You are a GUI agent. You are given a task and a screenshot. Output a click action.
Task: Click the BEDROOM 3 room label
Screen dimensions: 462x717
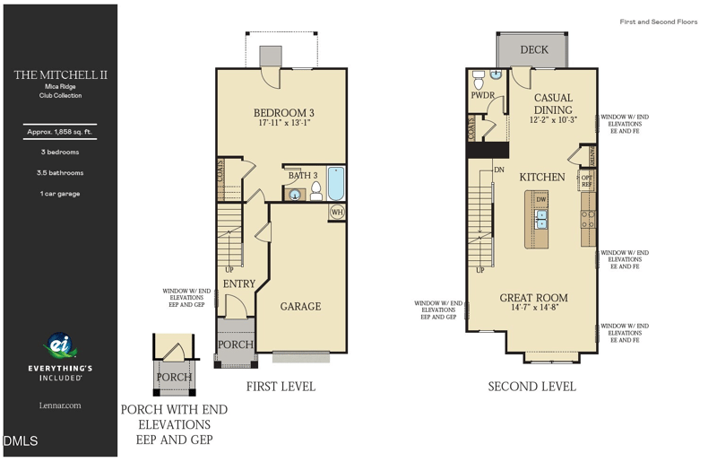pyautogui.click(x=282, y=112)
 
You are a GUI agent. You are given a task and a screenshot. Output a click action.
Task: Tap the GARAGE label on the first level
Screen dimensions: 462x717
pyautogui.click(x=300, y=307)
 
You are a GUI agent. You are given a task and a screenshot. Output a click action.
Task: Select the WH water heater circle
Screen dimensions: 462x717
pyautogui.click(x=337, y=213)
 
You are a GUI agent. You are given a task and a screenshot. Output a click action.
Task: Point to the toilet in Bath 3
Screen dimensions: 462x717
pyautogui.click(x=315, y=189)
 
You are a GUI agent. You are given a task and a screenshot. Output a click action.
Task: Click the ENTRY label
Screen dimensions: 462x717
pyautogui.click(x=239, y=283)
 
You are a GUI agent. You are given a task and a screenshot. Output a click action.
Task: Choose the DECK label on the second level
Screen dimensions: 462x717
pyautogui.click(x=534, y=50)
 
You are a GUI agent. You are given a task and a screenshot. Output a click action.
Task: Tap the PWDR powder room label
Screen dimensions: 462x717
pyautogui.click(x=482, y=95)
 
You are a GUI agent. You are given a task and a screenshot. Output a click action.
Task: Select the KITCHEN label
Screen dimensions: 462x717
pyautogui.click(x=542, y=178)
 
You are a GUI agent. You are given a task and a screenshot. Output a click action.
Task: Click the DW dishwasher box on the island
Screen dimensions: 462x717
pyautogui.click(x=541, y=199)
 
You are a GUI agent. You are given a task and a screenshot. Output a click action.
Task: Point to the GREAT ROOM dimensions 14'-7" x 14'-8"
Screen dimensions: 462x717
pyautogui.click(x=533, y=309)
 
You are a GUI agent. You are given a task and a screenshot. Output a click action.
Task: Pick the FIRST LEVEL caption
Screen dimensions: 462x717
pyautogui.click(x=281, y=387)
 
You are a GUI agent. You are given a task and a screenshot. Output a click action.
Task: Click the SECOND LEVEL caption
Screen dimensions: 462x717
pyautogui.click(x=531, y=387)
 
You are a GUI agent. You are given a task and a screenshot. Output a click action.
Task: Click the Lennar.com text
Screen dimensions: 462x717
pyautogui.click(x=60, y=405)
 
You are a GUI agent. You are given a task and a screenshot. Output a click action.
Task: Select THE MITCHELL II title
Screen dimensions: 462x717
pyautogui.click(x=60, y=75)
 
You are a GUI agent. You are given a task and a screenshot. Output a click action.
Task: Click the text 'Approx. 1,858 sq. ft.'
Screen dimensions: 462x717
pyautogui.click(x=60, y=133)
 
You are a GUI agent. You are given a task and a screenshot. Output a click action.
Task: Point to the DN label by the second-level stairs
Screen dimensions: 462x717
pyautogui.click(x=499, y=170)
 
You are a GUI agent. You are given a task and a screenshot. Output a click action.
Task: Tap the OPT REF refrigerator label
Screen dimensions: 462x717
pyautogui.click(x=587, y=181)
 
